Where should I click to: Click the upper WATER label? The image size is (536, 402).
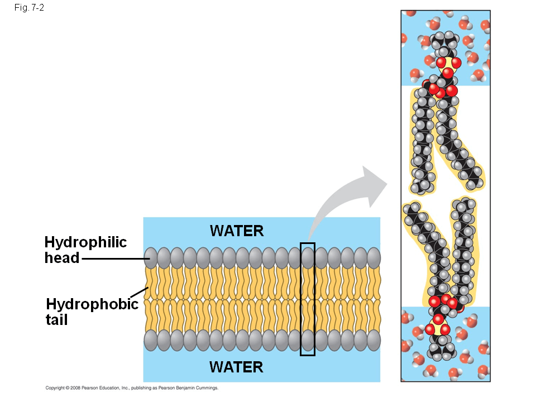click(237, 231)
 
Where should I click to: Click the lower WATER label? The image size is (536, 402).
click(236, 367)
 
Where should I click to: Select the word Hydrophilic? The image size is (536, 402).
click(85, 242)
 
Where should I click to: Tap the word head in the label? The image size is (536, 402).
click(62, 258)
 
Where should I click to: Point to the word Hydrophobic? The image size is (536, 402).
click(92, 304)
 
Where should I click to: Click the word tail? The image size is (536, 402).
click(56, 320)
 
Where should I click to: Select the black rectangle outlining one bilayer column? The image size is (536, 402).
click(308, 243)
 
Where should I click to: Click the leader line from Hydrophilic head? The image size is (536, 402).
click(114, 259)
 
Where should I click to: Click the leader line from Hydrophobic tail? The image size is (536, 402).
click(140, 293)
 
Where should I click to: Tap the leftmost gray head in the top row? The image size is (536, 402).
click(151, 258)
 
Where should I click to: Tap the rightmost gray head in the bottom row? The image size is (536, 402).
click(374, 340)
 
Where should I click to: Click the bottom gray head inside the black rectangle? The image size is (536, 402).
click(308, 340)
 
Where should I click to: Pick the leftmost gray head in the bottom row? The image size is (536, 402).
click(151, 340)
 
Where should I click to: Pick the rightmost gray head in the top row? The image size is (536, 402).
click(374, 258)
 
